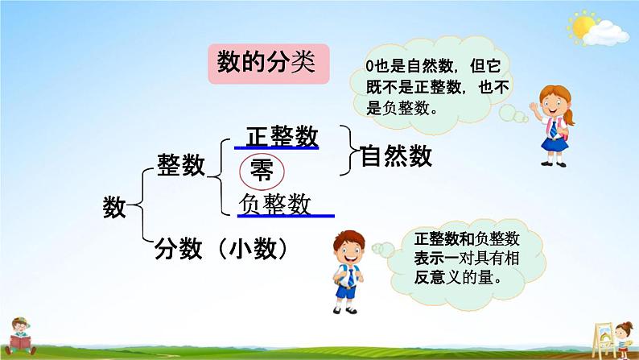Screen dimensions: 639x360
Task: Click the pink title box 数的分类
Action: (x=269, y=64)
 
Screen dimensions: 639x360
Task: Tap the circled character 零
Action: (x=262, y=172)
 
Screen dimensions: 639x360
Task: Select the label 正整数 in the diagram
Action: (x=282, y=136)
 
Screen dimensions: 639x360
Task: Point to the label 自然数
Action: (x=396, y=155)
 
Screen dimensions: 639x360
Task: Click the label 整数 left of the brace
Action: (x=181, y=165)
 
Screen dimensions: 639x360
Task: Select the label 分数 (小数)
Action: (x=221, y=249)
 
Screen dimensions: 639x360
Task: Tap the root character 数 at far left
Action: (x=114, y=207)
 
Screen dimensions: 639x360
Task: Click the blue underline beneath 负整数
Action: (x=286, y=216)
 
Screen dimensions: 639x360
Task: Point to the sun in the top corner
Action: (x=583, y=26)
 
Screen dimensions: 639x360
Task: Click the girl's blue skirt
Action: (x=554, y=143)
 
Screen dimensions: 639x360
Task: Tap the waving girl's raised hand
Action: (x=534, y=107)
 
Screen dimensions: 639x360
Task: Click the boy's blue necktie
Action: (x=350, y=278)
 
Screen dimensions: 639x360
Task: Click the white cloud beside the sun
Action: (x=605, y=33)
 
